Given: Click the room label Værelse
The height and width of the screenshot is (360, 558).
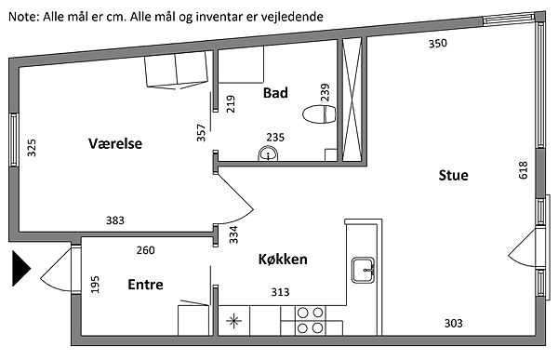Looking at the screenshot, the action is (115, 143).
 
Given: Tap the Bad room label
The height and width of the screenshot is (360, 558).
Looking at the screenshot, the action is (275, 93).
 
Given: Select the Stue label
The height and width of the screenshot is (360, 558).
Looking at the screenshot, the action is (454, 175).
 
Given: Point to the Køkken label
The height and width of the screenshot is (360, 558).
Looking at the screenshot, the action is (283, 260).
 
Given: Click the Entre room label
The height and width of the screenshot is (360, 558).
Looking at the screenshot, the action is (146, 285).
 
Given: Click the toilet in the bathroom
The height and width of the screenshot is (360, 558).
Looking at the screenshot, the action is (319, 114).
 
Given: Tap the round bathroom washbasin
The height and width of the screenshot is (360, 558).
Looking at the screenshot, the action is (268, 154).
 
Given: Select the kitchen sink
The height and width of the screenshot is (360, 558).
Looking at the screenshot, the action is (364, 270).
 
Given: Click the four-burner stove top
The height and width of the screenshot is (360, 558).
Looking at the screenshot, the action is (310, 321).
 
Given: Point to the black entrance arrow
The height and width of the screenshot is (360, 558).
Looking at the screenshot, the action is (21, 268).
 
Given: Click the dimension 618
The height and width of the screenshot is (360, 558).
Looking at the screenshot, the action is (523, 170).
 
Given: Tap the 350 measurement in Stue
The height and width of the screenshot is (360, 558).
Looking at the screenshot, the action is (438, 44).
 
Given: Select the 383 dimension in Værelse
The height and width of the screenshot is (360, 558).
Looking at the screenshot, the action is (115, 220).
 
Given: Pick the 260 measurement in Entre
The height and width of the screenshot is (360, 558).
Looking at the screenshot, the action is (146, 250).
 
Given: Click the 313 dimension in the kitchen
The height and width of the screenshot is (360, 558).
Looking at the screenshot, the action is (281, 292).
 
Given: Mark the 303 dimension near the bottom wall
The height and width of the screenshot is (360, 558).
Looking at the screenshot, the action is (454, 324).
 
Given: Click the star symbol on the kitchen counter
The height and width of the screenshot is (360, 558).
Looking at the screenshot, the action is (233, 321).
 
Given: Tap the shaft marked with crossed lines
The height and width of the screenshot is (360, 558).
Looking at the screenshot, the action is (352, 100).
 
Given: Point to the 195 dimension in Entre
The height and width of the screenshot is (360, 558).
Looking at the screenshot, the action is (95, 285).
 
